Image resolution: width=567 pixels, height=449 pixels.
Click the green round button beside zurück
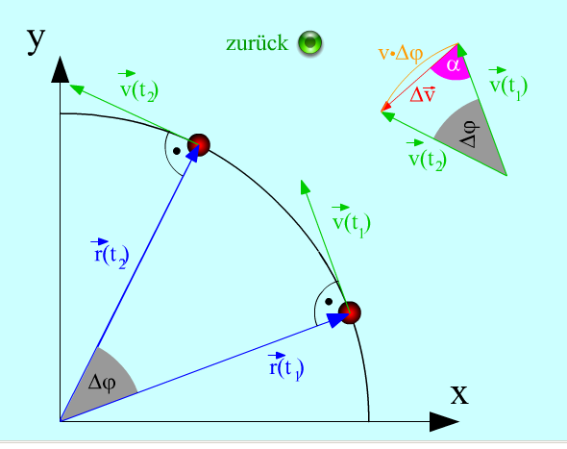(x=309, y=42)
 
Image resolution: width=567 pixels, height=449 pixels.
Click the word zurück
(x=258, y=43)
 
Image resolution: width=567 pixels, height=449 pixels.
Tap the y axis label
(x=36, y=40)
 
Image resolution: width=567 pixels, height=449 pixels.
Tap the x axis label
(x=459, y=395)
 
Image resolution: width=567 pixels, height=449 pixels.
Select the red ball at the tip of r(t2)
(x=199, y=145)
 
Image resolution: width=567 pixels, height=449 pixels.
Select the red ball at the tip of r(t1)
(x=349, y=312)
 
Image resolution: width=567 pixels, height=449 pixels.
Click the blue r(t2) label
(x=110, y=254)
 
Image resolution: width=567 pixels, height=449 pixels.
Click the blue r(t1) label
(x=285, y=366)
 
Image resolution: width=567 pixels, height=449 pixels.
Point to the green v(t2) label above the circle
(x=138, y=87)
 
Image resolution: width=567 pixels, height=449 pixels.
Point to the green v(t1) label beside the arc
(x=352, y=220)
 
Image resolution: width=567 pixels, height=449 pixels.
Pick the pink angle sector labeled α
(x=451, y=63)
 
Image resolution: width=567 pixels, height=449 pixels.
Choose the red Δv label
(x=422, y=95)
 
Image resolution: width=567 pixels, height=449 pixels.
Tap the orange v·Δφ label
(x=401, y=54)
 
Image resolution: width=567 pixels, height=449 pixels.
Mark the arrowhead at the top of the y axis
(x=60, y=69)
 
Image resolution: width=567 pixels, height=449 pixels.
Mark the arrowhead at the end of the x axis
(x=444, y=421)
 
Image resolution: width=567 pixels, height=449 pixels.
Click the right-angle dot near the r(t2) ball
(x=177, y=151)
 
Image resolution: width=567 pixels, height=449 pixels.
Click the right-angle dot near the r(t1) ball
(x=329, y=301)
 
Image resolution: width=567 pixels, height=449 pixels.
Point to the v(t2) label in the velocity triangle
(x=427, y=157)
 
